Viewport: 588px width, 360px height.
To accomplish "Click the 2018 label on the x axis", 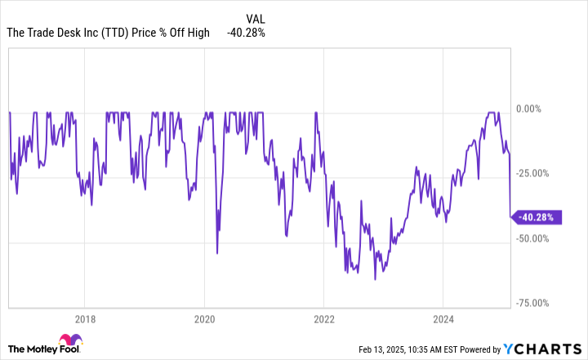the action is [85, 319].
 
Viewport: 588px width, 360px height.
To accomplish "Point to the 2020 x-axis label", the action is [204, 319].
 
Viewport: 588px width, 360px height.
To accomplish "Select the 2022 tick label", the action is [324, 319].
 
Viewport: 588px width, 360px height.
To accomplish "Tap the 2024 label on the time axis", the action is [443, 319].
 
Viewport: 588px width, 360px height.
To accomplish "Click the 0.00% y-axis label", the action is [528, 109].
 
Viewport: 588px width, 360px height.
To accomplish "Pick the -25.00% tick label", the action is [532, 174].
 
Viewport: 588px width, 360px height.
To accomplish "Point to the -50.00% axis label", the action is [532, 238].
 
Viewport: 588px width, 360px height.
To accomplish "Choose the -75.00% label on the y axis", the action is [532, 303].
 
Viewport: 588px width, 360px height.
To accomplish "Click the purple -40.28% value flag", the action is [537, 217].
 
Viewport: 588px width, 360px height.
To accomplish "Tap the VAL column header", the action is [256, 19].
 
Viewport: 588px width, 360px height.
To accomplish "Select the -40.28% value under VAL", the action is [246, 33].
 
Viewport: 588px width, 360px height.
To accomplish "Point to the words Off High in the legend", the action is [189, 33].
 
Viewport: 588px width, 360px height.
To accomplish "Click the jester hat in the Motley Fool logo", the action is [70, 340].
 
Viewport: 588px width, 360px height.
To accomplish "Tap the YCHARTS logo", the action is [542, 349].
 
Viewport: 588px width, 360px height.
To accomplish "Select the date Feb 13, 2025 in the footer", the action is [381, 350].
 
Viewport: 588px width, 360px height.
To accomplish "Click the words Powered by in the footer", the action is [480, 350].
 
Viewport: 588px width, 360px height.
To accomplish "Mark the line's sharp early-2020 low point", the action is [217, 254].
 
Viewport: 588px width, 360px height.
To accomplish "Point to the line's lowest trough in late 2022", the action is [375, 279].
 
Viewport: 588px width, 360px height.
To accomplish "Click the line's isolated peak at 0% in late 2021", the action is [316, 113].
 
